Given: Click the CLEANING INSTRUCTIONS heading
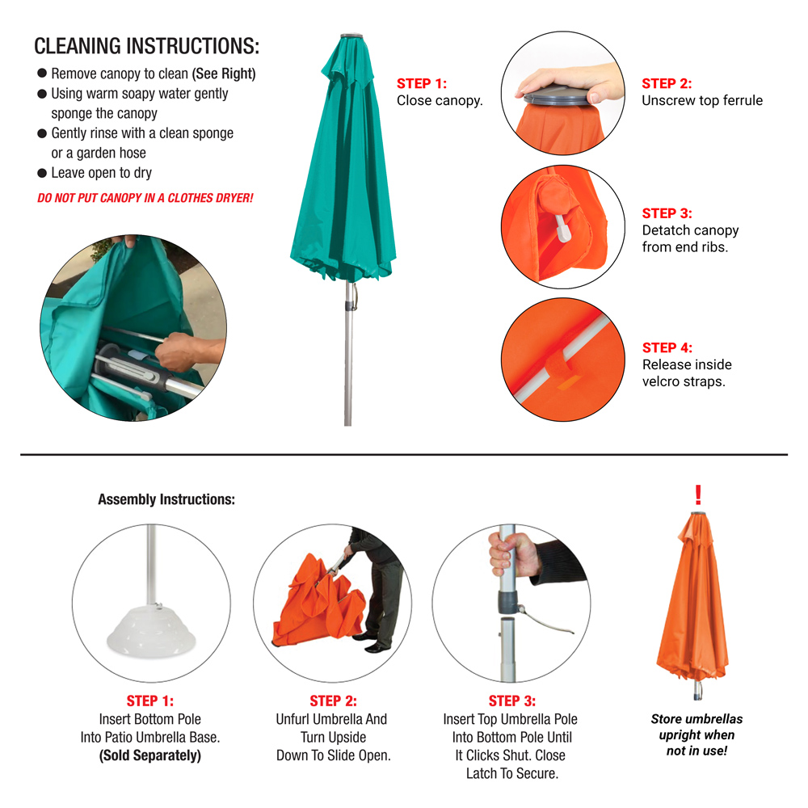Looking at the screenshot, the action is [x=147, y=46].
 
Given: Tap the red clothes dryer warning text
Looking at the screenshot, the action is [x=145, y=198].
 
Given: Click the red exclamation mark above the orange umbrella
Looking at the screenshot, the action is [x=698, y=494].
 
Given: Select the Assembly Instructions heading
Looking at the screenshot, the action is [x=166, y=499].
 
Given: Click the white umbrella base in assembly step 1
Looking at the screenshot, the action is [x=152, y=632].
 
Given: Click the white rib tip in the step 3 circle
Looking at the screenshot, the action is [x=562, y=229].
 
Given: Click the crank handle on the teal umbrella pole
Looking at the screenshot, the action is [x=354, y=297].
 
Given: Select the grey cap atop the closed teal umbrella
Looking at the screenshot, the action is [x=351, y=36].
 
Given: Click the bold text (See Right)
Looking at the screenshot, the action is [x=224, y=74].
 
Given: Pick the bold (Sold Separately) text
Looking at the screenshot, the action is [x=150, y=755].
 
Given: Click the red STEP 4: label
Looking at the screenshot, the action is [x=667, y=347].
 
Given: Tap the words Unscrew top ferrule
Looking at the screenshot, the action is [x=702, y=100].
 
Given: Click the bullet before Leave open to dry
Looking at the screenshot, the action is [x=42, y=173].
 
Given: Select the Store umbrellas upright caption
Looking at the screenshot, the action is [x=696, y=734].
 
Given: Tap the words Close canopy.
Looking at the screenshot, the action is [x=440, y=100].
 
